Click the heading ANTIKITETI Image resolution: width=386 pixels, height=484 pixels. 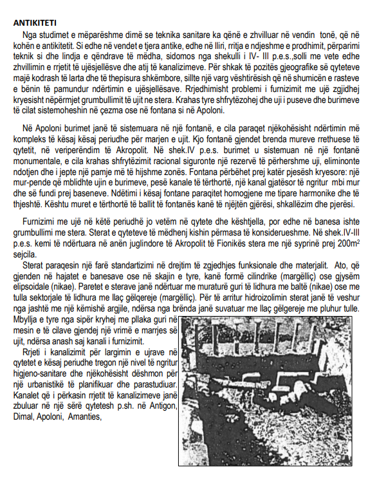coord(39,23)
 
